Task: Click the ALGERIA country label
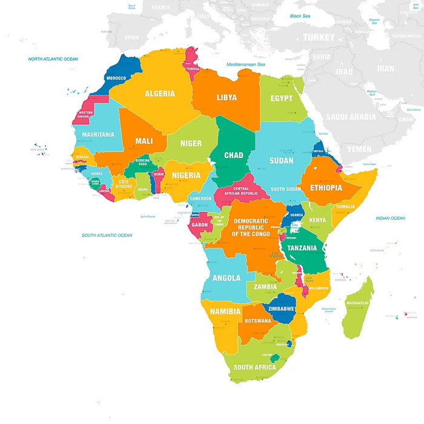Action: (159, 94)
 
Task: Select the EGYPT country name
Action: (281, 98)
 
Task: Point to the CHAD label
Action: (234, 156)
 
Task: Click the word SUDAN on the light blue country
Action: (282, 161)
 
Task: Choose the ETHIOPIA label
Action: (325, 188)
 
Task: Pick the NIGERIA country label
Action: (186, 175)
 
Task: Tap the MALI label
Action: (144, 141)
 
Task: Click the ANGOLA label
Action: (227, 278)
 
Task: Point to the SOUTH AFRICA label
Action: (255, 367)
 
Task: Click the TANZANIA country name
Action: (302, 248)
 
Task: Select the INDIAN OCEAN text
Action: (390, 218)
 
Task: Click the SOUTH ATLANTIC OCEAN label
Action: (107, 235)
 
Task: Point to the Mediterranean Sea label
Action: (246, 64)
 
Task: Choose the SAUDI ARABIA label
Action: (351, 117)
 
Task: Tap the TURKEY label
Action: (319, 38)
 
